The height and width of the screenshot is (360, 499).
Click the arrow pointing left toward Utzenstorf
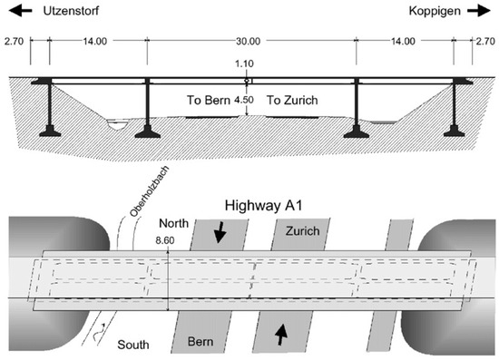click(x=20, y=11)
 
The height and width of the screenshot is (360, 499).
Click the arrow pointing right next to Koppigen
click(x=479, y=11)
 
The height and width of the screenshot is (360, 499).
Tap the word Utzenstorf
click(x=71, y=11)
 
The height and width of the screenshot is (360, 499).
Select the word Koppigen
click(x=435, y=12)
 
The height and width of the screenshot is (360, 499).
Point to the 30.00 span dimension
click(x=249, y=42)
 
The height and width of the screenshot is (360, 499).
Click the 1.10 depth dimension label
click(x=244, y=63)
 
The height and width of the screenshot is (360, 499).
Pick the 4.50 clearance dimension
click(x=244, y=100)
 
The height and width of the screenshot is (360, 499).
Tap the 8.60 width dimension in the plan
click(x=165, y=240)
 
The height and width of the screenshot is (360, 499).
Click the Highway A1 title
click(x=263, y=206)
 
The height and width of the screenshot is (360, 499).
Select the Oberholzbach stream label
click(x=150, y=191)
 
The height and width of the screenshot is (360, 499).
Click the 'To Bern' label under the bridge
click(x=209, y=100)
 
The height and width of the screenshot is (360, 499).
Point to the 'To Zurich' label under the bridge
click(x=292, y=100)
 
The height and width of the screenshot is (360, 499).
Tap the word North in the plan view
click(x=174, y=223)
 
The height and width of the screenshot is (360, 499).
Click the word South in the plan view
click(x=133, y=345)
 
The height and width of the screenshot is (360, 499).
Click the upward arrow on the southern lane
click(x=281, y=335)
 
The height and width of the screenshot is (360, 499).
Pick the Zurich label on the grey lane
click(x=303, y=231)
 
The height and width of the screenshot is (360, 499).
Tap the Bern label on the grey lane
click(x=201, y=342)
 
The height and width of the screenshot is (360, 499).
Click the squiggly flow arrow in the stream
click(x=99, y=332)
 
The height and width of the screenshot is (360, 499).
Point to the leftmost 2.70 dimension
click(x=14, y=42)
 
